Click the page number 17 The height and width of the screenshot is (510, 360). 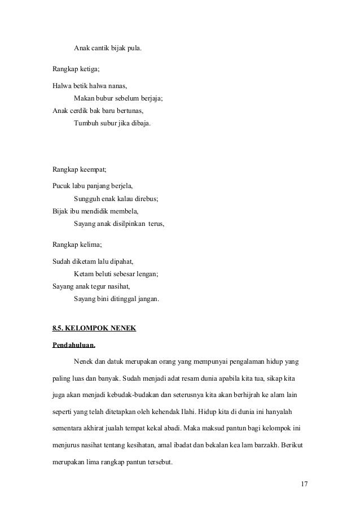pos(305,485)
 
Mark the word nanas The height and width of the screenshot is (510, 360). pos(117,86)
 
